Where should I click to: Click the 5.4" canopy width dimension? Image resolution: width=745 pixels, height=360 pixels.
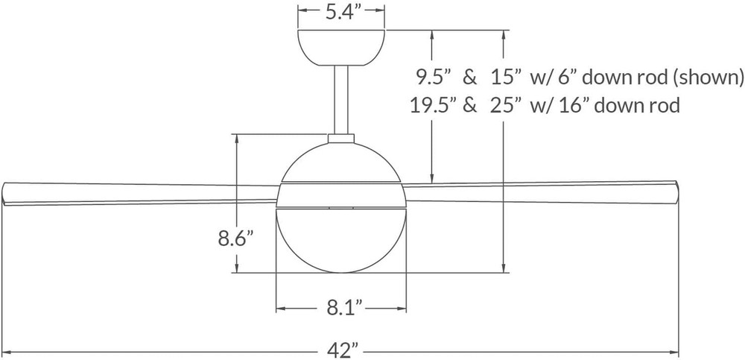point(342,12)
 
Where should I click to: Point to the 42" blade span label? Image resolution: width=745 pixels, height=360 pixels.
point(343,349)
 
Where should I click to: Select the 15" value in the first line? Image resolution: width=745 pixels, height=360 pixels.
point(507,76)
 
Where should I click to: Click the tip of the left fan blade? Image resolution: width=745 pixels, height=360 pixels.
point(6,192)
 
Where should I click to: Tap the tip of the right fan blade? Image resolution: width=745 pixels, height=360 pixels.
point(675,190)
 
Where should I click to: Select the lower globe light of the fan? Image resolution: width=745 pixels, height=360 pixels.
point(342,242)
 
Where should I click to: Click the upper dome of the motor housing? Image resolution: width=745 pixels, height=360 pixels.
point(342,160)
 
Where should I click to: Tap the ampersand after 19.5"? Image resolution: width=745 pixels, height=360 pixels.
point(469,106)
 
